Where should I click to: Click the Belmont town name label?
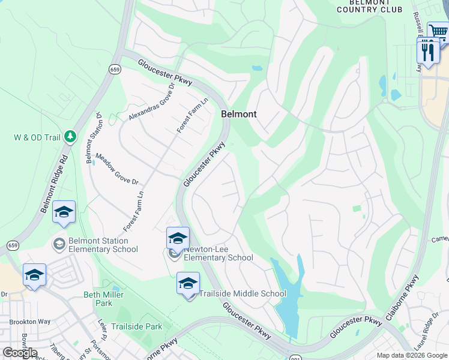pos(238,114)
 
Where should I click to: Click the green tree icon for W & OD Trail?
pos(71,137)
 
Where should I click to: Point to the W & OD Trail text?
pos(37,137)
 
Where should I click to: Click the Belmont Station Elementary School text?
pos(103,245)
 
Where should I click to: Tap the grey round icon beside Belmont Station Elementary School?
pos(59,244)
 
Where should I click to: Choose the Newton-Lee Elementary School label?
pos(218,253)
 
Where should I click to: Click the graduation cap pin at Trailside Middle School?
pos(188,283)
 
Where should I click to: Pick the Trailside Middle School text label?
pos(243,293)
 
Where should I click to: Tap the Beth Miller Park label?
pos(103,298)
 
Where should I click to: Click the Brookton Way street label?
pos(30,322)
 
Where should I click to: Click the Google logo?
pos(20,353)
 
